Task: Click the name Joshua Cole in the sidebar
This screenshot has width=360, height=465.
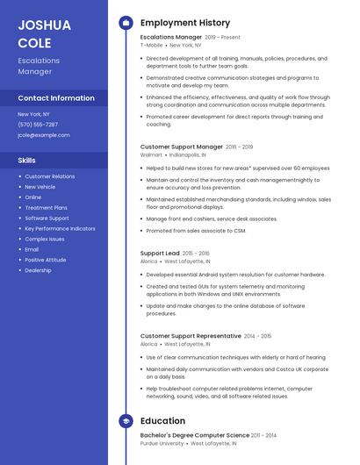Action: point(44,33)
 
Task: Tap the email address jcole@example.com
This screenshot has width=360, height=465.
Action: point(44,135)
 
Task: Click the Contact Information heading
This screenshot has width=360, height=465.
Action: point(56,98)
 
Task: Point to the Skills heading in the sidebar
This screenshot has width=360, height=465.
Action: point(27,161)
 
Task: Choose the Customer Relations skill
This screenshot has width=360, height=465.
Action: point(50,176)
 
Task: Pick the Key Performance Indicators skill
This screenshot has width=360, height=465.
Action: point(60,228)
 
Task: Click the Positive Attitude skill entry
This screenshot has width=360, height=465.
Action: point(46,260)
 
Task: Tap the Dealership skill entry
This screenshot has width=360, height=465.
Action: point(38,270)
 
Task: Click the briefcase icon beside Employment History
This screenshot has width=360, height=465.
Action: point(126,23)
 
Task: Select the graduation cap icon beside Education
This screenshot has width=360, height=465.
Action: point(126,421)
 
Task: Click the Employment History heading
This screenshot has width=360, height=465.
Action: point(185,23)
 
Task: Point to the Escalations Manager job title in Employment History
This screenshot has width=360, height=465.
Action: point(171,38)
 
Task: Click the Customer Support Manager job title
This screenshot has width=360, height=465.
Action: point(182,147)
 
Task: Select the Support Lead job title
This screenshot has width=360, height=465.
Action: point(160,254)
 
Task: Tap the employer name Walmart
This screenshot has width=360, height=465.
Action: point(151,154)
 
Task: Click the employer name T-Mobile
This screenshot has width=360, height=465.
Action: point(152,45)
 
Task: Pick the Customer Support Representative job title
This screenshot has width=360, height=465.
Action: point(191,336)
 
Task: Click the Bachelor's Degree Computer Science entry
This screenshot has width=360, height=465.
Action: point(195,435)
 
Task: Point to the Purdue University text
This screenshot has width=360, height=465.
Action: point(162,443)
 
